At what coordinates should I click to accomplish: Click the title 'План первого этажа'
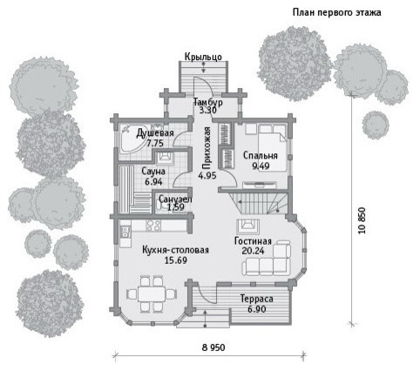coord(336,13)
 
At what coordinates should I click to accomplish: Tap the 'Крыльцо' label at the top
coord(203,57)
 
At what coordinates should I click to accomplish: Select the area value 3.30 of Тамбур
coord(207,111)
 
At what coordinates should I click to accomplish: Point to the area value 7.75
coord(155,143)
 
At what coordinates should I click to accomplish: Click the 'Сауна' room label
coord(153,172)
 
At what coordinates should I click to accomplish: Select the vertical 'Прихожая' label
coord(207,148)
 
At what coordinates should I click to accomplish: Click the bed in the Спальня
coord(272,148)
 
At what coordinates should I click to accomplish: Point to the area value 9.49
coord(261,166)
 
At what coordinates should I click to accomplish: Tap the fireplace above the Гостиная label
coord(248,226)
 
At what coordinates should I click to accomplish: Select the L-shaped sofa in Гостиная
coord(267,258)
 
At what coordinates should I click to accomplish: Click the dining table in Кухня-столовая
coord(152,294)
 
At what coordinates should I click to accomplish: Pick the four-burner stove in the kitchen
coord(153,226)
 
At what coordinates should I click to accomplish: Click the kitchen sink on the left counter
coord(125,232)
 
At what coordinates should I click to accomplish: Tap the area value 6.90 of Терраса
coord(257,309)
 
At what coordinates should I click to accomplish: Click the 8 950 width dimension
coord(213,347)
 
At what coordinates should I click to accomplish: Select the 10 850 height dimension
coord(362,220)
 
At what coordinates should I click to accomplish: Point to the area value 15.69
coord(176,260)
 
